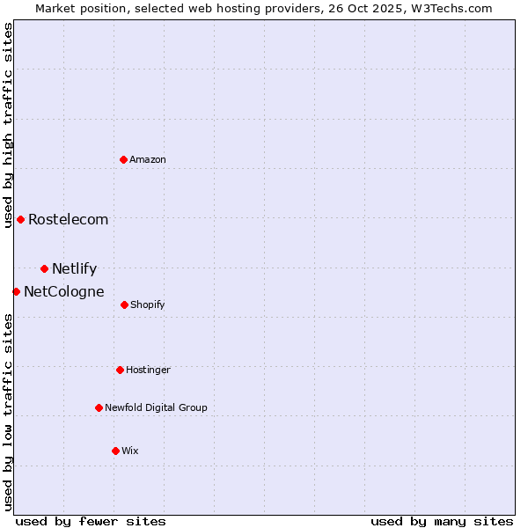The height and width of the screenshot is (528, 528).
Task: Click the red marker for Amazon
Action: click(x=124, y=159)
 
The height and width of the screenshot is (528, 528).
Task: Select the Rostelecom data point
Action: click(x=20, y=219)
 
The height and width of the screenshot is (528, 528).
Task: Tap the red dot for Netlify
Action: click(x=44, y=268)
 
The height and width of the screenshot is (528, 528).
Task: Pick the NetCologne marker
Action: click(x=16, y=291)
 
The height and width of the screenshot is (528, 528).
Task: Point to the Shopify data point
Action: click(x=124, y=304)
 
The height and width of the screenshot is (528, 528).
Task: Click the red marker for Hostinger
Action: click(x=120, y=370)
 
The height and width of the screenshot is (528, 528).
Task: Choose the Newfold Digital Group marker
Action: click(x=99, y=407)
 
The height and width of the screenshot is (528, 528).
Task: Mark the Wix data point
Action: click(x=115, y=451)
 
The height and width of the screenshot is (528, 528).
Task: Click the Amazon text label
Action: click(x=148, y=160)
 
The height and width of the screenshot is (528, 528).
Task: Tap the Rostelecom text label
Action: click(x=69, y=220)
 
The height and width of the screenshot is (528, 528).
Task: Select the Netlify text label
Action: click(x=75, y=269)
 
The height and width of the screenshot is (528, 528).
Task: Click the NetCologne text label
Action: click(x=64, y=292)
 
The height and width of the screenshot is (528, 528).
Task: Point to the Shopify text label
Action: click(x=148, y=305)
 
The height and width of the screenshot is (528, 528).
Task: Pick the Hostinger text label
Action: click(x=148, y=370)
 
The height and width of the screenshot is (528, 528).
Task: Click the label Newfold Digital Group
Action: click(x=156, y=408)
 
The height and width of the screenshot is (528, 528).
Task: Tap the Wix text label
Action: click(x=130, y=451)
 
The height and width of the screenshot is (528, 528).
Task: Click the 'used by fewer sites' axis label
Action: click(x=91, y=521)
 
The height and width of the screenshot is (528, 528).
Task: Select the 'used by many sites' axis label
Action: click(x=442, y=521)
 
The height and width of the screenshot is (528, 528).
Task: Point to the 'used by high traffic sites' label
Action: click(x=8, y=126)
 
